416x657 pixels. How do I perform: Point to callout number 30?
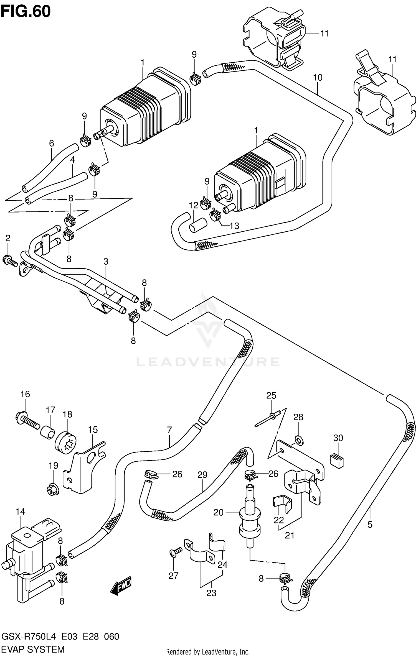pos(338,438)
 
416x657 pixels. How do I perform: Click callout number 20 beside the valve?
pos(218,512)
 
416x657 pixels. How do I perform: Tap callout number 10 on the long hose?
pos(318,77)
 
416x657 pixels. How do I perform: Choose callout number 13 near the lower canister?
pos(234,226)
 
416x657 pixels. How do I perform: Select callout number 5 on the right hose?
pos(370,524)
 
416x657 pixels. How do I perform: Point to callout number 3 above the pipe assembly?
pos(106,261)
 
